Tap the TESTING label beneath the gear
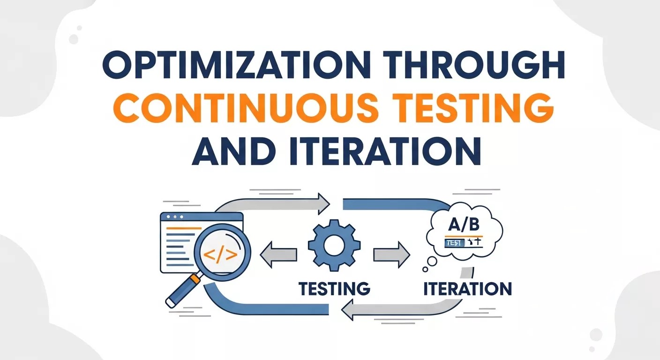pyautogui.click(x=334, y=288)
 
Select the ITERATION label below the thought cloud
pyautogui.click(x=467, y=288)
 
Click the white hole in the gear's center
pyautogui.click(x=334, y=247)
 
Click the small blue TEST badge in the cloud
pyautogui.click(x=453, y=243)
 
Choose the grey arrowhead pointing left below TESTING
pyautogui.click(x=351, y=309)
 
